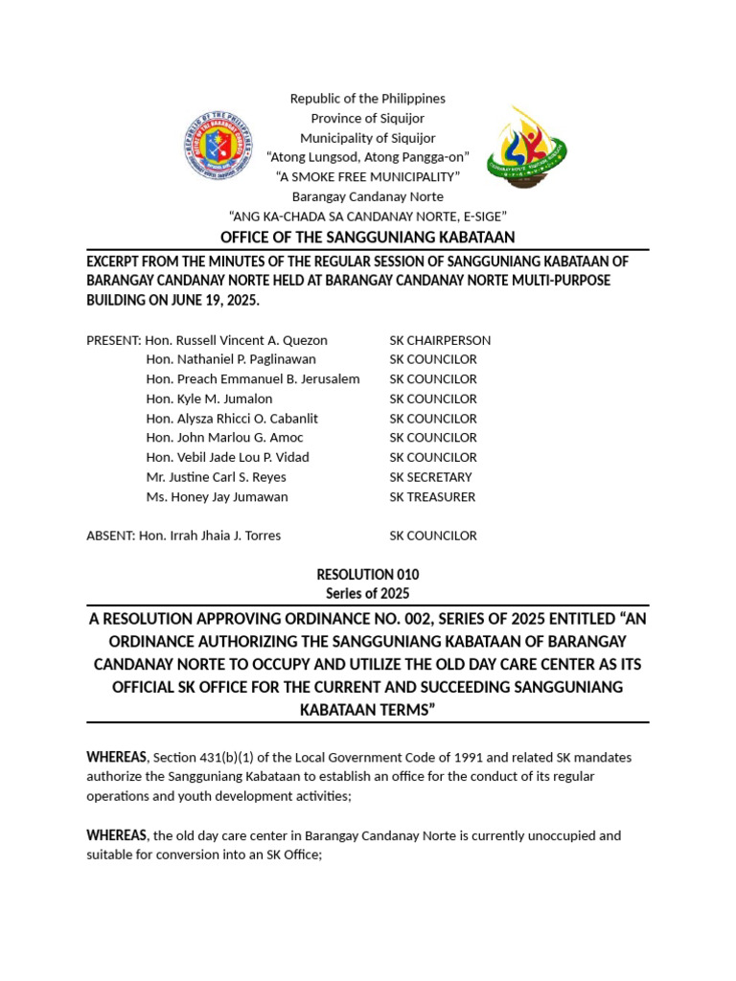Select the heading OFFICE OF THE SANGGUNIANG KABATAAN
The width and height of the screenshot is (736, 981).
(368, 237)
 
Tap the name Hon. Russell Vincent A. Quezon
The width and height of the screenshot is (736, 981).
(236, 340)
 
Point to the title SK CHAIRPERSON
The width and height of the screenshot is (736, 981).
(440, 340)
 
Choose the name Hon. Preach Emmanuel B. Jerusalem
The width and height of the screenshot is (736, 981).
(253, 379)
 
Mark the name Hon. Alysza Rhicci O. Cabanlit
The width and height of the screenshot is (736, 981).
(232, 419)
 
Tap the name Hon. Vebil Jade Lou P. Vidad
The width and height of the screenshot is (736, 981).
(227, 458)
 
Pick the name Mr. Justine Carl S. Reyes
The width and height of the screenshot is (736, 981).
(216, 477)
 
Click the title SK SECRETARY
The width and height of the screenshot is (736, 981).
(430, 477)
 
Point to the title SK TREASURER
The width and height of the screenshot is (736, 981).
(432, 497)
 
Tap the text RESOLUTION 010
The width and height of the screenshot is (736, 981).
(368, 575)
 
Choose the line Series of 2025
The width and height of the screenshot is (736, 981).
(368, 594)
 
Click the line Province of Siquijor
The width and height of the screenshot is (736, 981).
(368, 118)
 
